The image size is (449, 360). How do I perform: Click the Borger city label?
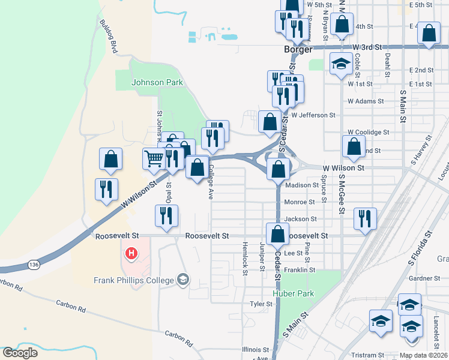tap(298, 50)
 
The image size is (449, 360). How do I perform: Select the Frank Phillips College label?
tap(134, 280)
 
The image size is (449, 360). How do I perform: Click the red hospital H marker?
tap(131, 254)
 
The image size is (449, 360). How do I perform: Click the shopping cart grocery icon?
tap(154, 159)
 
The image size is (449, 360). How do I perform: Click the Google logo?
tap(20, 353)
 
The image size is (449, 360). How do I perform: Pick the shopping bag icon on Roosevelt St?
tap(277, 235)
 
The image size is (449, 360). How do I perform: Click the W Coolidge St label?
tap(369, 132)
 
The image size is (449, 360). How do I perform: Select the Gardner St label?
tap(424, 278)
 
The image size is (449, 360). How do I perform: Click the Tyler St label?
tap(261, 304)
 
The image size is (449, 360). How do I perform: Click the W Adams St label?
tap(366, 101)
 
